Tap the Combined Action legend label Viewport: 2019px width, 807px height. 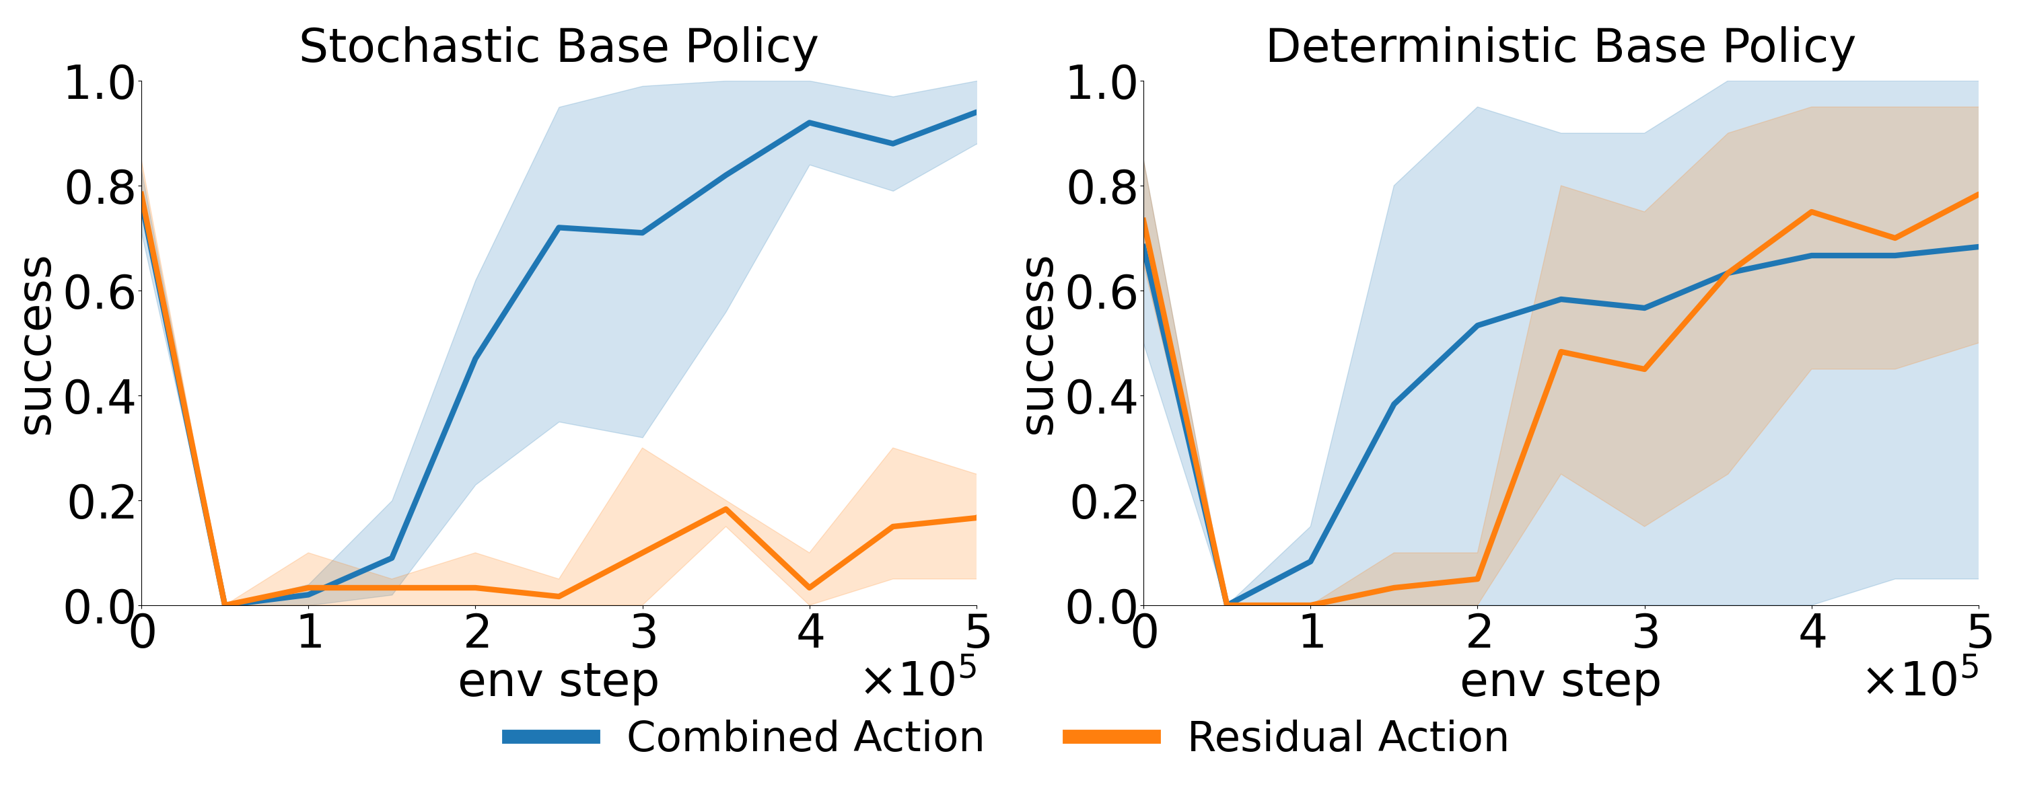tap(805, 737)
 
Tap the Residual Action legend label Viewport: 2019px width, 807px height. tap(1347, 737)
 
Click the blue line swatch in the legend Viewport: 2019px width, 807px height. tap(551, 737)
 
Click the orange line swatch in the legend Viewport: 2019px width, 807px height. tap(1111, 737)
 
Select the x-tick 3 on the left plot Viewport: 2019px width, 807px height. tap(643, 631)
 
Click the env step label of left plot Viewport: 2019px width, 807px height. tap(558, 680)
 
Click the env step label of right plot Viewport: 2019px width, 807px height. tap(1560, 680)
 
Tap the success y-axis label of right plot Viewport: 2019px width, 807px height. tap(1039, 345)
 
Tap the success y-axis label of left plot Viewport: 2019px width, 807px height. tap(36, 345)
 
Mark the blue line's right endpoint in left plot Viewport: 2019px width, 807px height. tap(975, 112)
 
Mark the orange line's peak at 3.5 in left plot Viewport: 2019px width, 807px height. tap(725, 508)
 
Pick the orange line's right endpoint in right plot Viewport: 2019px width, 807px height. tap(1977, 194)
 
